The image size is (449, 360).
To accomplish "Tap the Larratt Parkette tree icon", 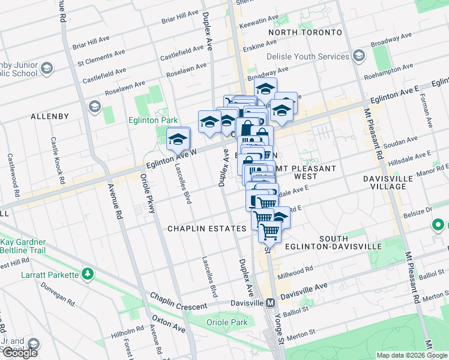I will pos(88,274).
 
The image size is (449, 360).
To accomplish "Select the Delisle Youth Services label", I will pos(308,56).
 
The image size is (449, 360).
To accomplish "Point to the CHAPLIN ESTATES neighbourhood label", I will pos(206,229).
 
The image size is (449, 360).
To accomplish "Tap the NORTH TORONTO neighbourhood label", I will pos(305,32).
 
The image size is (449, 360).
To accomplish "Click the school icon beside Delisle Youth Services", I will pos(359,56).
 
